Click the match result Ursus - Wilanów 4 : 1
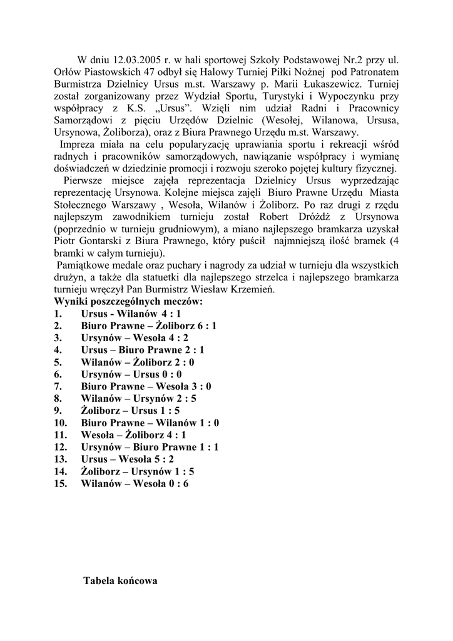point(131,313)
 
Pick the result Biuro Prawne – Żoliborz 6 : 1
point(148,326)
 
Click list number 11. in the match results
point(61,434)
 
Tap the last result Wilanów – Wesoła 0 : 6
point(135,483)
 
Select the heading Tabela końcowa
point(120,581)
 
